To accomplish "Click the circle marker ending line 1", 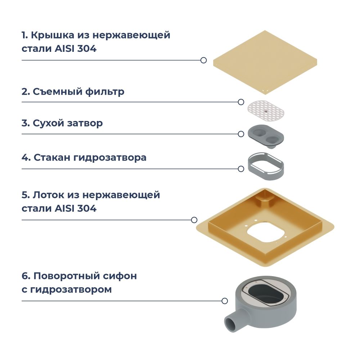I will [203, 60].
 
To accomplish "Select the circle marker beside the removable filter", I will [241, 102].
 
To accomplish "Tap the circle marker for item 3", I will [241, 134].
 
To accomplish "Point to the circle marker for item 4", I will [241, 168].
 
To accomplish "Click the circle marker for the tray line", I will [194, 220].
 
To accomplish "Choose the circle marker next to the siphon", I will [225, 301].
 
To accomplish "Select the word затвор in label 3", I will [86, 123].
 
